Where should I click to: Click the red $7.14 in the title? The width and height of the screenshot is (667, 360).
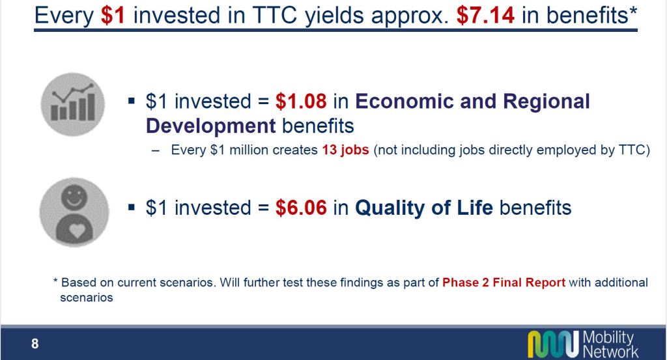point(485,16)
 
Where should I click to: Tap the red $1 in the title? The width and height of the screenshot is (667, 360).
point(113,16)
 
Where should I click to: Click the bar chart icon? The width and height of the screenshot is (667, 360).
point(73,104)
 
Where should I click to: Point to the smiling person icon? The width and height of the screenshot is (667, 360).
point(74,212)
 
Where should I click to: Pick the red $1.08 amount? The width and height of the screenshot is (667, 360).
point(301,101)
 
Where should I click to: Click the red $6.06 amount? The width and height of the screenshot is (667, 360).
point(301,208)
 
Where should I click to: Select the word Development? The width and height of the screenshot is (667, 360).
point(211,126)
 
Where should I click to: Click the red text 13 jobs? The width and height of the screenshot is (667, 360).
point(345,150)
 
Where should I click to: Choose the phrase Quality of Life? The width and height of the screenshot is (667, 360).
point(424,208)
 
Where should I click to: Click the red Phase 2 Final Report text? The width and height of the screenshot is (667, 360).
point(504,283)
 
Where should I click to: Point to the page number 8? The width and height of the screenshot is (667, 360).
point(35,344)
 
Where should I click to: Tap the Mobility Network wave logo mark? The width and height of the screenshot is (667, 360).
point(554,344)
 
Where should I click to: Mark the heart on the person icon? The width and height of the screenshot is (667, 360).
point(78,230)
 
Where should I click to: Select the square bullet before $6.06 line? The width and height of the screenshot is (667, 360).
point(132,208)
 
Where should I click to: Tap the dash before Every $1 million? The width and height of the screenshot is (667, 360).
point(156,150)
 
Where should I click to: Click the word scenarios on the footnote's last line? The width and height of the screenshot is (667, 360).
point(87,298)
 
